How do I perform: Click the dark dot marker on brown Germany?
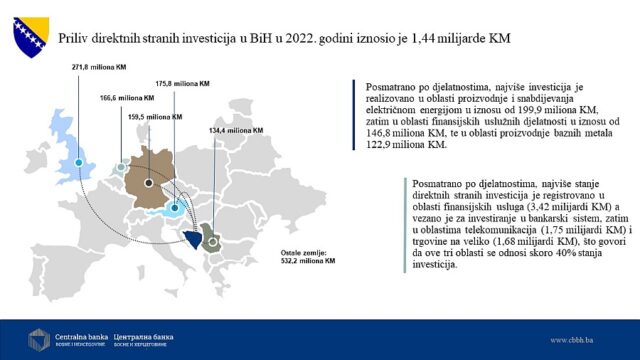[x=149, y=184]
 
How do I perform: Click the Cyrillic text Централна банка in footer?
[x=148, y=332]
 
